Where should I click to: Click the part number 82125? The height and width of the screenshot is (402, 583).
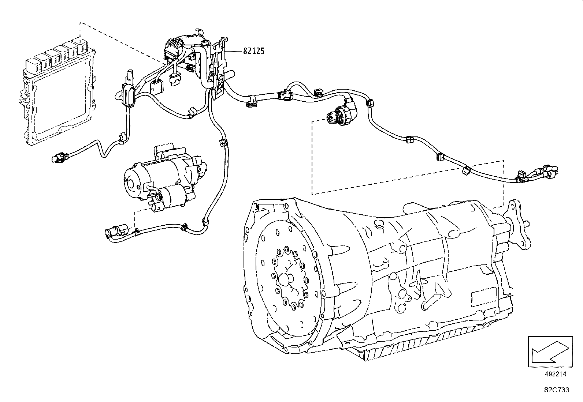253,51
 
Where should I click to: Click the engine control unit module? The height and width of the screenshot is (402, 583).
59,95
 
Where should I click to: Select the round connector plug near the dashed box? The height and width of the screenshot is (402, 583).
339,113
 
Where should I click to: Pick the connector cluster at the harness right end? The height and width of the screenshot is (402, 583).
538,174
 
